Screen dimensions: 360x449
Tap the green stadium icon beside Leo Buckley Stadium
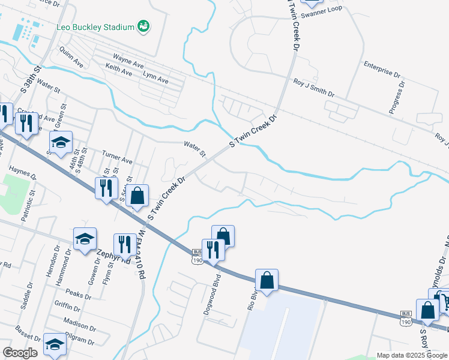(x=143, y=26)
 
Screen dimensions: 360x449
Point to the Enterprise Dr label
(x=381, y=68)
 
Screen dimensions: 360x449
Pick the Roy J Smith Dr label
(x=313, y=88)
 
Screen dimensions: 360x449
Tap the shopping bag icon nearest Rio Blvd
(x=267, y=280)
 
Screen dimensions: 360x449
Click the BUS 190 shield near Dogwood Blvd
(x=196, y=256)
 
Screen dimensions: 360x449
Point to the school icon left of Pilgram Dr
(x=55, y=344)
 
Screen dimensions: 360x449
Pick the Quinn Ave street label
(x=71, y=58)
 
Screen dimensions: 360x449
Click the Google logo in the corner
(x=20, y=352)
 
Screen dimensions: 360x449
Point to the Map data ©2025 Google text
(x=412, y=355)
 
